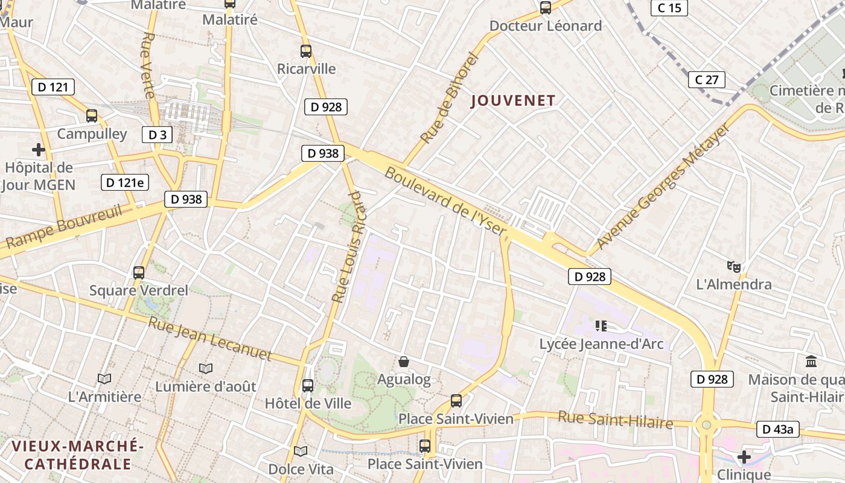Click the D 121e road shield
click(125, 182)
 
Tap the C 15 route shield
click(669, 8)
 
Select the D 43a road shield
click(778, 429)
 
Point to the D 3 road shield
click(157, 135)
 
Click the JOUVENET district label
click(513, 101)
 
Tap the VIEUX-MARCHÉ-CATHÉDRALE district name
click(77, 455)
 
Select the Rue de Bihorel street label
click(449, 98)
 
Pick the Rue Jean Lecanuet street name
click(210, 339)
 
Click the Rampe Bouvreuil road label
click(63, 227)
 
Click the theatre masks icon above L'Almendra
click(734, 266)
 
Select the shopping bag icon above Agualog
click(404, 362)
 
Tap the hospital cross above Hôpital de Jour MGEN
click(39, 149)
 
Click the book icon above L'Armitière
click(104, 379)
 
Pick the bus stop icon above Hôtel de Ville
click(308, 385)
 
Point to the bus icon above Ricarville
click(306, 51)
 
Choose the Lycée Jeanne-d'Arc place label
click(601, 344)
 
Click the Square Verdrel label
click(139, 290)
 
